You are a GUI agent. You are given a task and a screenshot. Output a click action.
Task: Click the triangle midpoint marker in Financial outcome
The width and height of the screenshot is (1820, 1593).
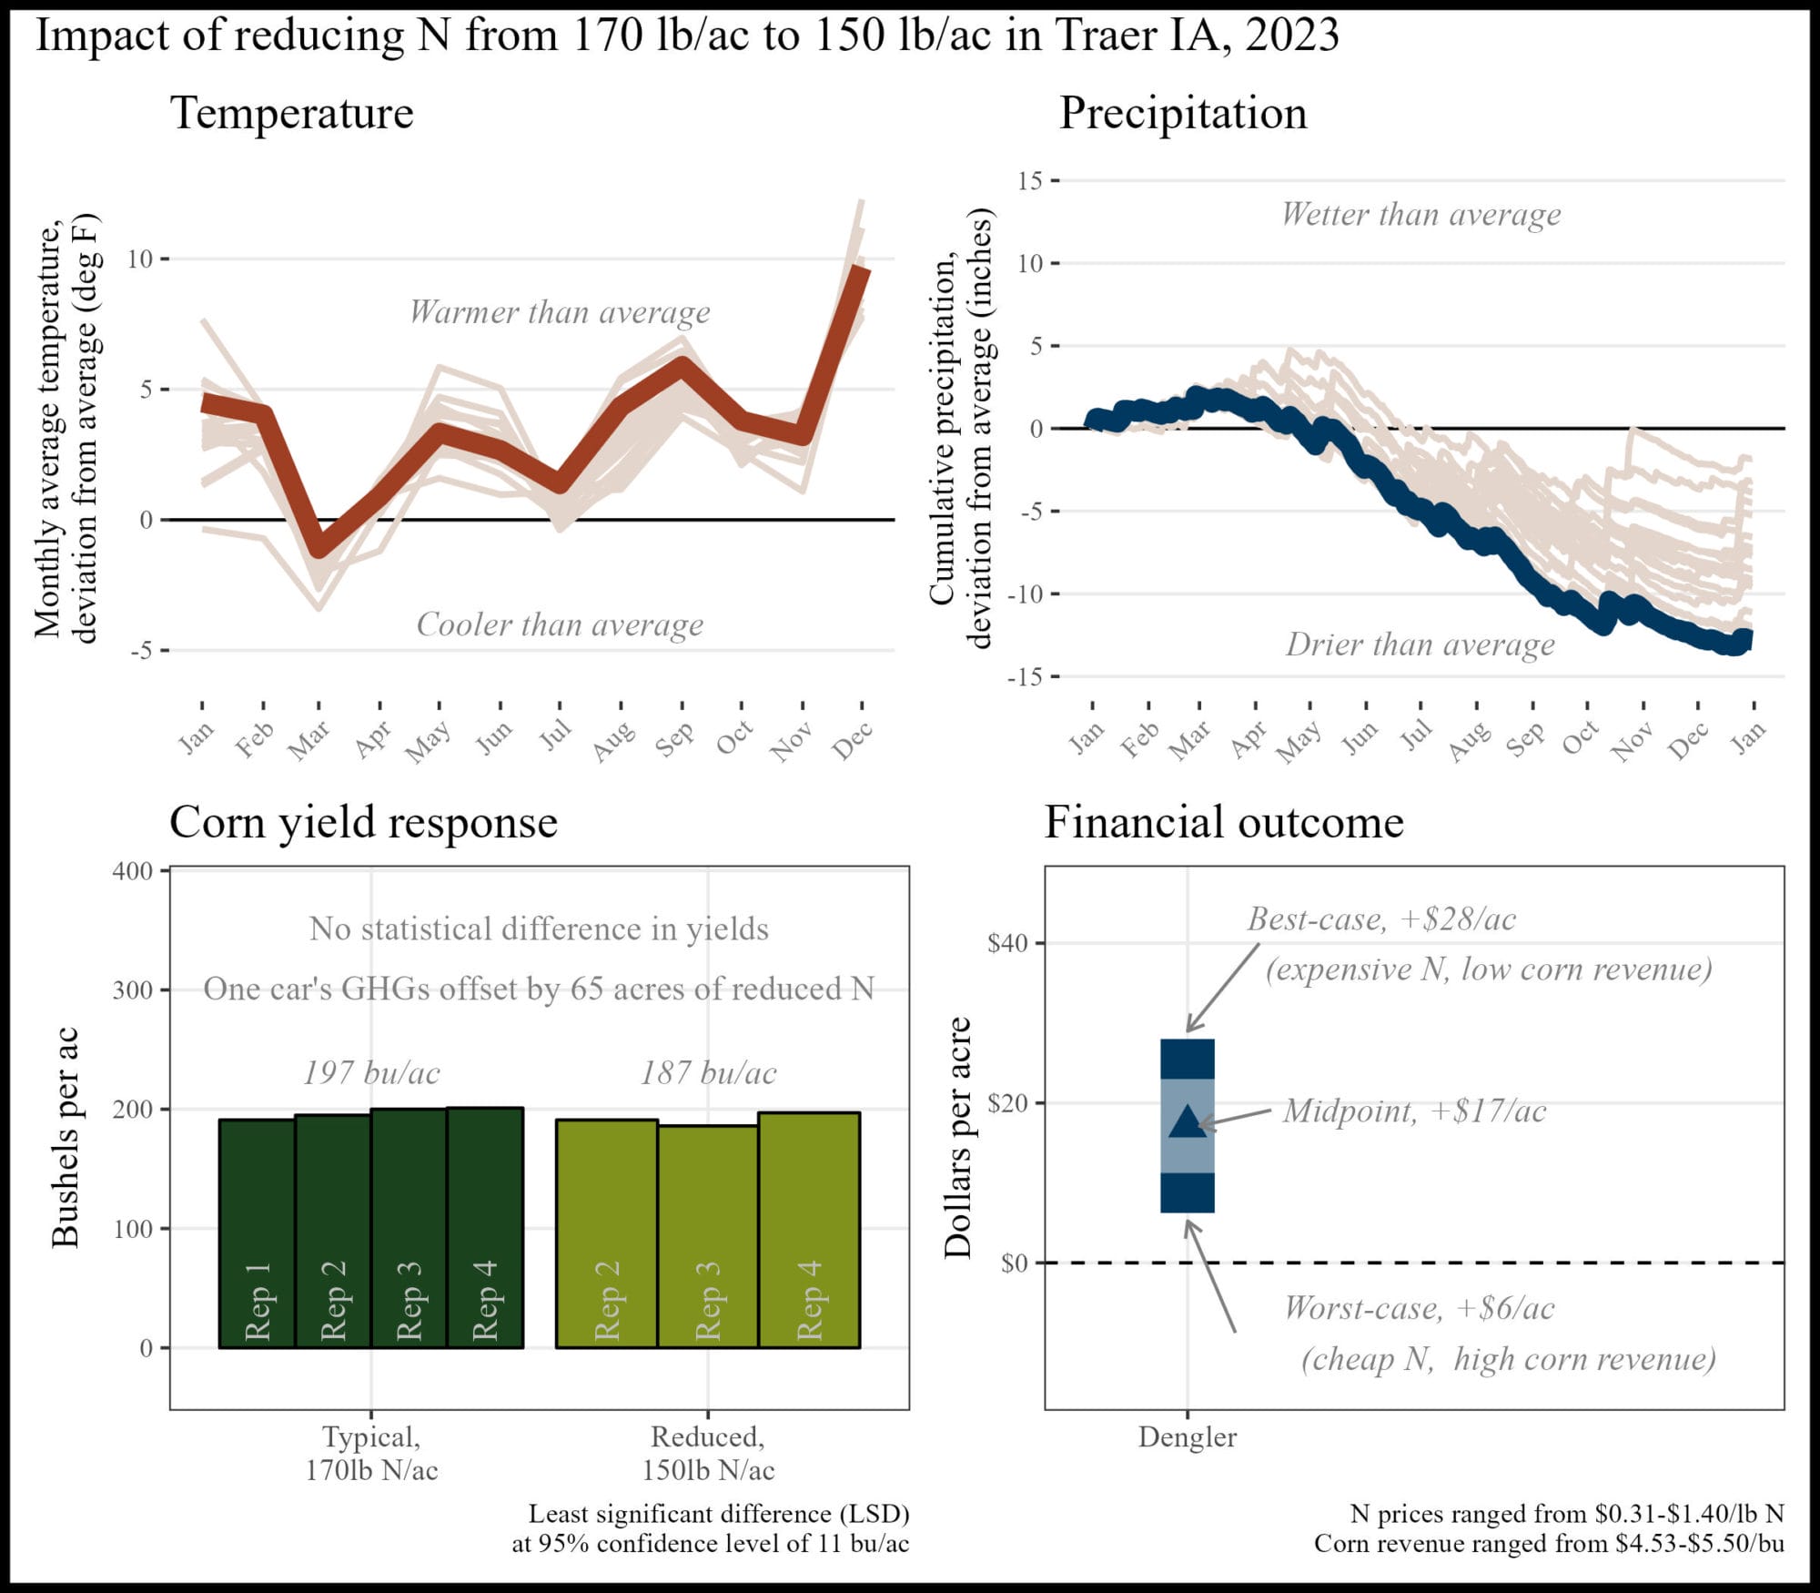(1187, 1122)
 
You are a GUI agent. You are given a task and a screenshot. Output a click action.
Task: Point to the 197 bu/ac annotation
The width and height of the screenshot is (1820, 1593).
(371, 1072)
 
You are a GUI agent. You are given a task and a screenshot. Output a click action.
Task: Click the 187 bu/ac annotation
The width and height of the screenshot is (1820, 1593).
(708, 1072)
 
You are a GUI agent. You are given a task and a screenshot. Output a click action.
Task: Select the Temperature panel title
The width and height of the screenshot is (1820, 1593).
(291, 113)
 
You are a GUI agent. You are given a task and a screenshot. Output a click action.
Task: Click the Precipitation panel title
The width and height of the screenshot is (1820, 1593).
(1182, 113)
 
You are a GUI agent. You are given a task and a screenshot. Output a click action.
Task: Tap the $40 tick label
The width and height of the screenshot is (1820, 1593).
(1008, 943)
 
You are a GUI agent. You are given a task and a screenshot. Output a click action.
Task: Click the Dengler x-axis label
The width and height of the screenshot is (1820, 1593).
(1187, 1437)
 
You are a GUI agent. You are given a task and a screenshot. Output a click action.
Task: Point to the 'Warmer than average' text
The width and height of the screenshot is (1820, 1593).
(560, 312)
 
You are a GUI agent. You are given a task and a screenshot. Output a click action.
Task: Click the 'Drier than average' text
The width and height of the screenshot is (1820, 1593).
(1420, 644)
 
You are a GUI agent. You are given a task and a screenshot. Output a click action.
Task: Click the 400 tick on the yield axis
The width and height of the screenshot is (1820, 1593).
(133, 871)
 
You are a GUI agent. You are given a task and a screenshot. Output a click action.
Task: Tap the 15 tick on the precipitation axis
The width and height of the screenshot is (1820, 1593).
(1030, 181)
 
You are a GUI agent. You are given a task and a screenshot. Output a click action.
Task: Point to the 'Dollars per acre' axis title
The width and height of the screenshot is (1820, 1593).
(957, 1138)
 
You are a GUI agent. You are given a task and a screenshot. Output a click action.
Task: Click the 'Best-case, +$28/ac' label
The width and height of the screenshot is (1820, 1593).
(1380, 919)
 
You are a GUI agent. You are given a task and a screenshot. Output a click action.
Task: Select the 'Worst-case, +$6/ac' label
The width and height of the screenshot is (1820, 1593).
(1419, 1308)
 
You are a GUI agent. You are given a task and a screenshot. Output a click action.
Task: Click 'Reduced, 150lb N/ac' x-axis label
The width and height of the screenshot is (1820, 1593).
(708, 1453)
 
